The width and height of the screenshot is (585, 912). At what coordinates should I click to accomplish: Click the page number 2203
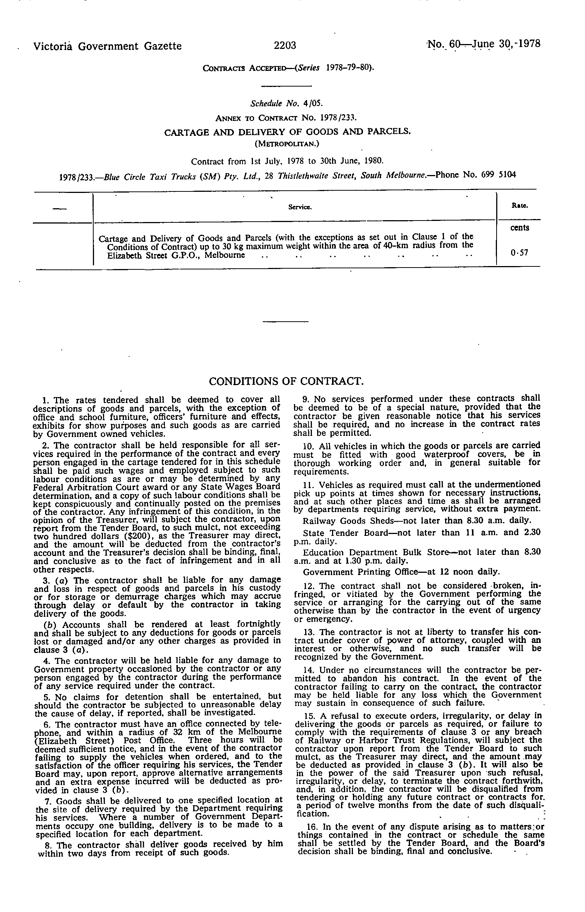pyautogui.click(x=285, y=46)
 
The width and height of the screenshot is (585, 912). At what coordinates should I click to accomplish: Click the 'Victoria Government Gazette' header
pyautogui.click(x=107, y=46)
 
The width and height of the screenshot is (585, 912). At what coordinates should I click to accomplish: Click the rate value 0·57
pyautogui.click(x=520, y=253)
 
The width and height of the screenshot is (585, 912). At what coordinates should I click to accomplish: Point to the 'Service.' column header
pyautogui.click(x=300, y=207)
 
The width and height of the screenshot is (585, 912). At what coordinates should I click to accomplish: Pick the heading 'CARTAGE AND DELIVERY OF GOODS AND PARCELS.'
pyautogui.click(x=287, y=132)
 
